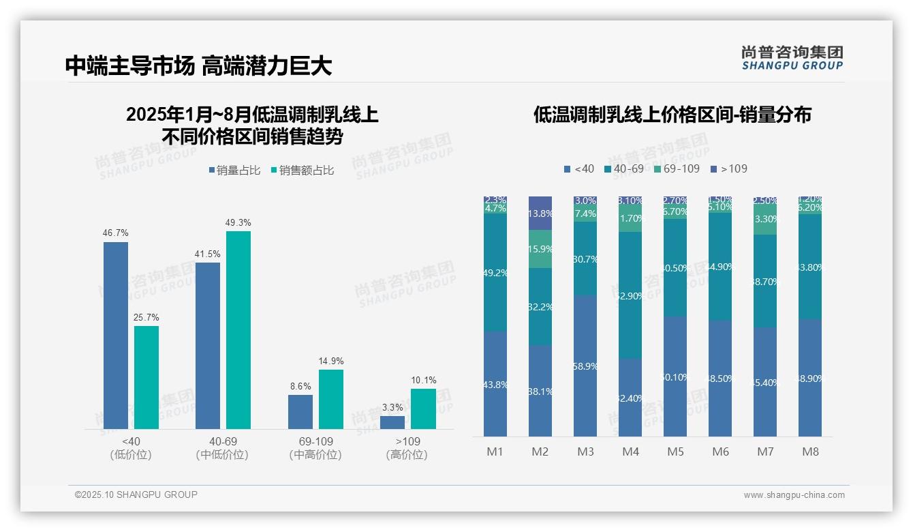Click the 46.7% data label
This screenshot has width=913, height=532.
coord(115,233)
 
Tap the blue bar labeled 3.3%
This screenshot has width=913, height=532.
coord(392,422)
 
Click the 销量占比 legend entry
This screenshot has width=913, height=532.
coord(234,171)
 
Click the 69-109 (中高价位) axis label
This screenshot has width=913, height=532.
coord(315,448)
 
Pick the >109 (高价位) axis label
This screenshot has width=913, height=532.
coord(407,448)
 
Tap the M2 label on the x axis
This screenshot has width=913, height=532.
coord(540,452)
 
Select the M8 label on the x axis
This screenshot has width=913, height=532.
coord(810,452)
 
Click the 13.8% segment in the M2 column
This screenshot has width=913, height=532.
coord(540,213)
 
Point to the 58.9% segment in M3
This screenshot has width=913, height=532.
coord(585,366)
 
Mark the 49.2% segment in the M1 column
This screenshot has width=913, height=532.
coord(495,273)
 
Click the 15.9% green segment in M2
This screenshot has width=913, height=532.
coord(540,249)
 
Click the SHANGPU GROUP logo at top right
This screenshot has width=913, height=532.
coord(792,58)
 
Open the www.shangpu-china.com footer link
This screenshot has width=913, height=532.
coord(794,495)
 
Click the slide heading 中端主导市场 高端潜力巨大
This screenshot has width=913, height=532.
coord(198,65)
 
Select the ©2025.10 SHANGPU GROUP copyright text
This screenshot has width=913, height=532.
coord(136,495)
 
